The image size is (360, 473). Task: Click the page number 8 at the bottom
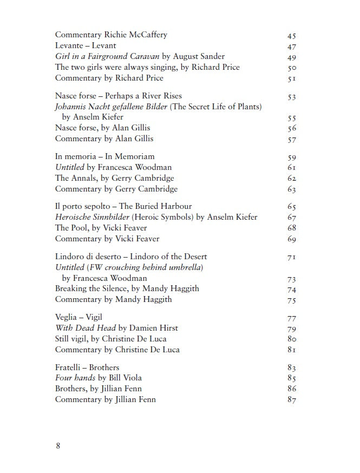tap(58, 446)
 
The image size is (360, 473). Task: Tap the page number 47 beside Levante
tap(292, 47)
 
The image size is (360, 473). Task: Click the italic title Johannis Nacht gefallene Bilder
tap(112, 107)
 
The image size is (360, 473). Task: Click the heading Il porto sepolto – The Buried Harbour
tap(123, 206)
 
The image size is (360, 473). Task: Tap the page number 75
tap(292, 300)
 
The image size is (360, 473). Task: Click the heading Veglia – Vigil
tap(78, 317)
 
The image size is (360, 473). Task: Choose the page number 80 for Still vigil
tap(292, 339)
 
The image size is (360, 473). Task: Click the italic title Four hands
tap(75, 378)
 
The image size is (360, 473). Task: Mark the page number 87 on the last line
tap(292, 400)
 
